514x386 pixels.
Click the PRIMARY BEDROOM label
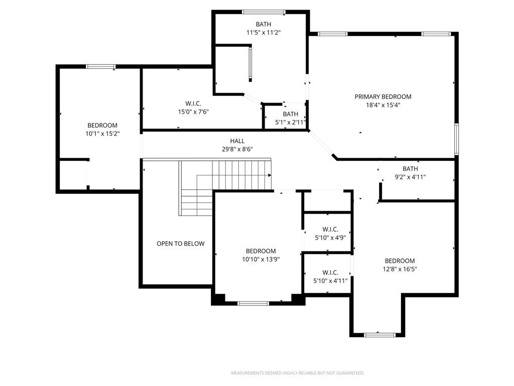[383, 96]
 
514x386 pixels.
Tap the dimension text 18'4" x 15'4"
[383, 105]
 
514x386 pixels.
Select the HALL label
[237, 141]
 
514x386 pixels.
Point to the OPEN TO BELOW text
[180, 244]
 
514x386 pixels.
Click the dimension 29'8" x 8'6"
[237, 149]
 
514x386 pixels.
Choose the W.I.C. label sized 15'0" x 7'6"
[193, 104]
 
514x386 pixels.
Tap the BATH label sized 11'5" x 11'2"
[264, 24]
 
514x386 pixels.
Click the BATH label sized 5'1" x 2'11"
[291, 114]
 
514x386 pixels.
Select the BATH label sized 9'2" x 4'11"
[410, 169]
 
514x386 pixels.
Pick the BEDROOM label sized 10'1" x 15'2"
[102, 125]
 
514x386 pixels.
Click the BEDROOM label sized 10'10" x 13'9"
[261, 251]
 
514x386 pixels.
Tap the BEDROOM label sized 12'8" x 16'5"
[400, 261]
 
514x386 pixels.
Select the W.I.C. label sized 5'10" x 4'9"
[330, 229]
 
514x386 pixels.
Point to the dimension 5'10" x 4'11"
[330, 280]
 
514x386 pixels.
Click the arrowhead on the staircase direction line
[270, 175]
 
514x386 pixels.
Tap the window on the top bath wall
[264, 12]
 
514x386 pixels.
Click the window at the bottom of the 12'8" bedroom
[380, 335]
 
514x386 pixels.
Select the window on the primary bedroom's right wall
[456, 139]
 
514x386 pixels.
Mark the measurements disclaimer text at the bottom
[298, 373]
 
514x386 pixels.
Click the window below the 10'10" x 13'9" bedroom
[253, 303]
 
